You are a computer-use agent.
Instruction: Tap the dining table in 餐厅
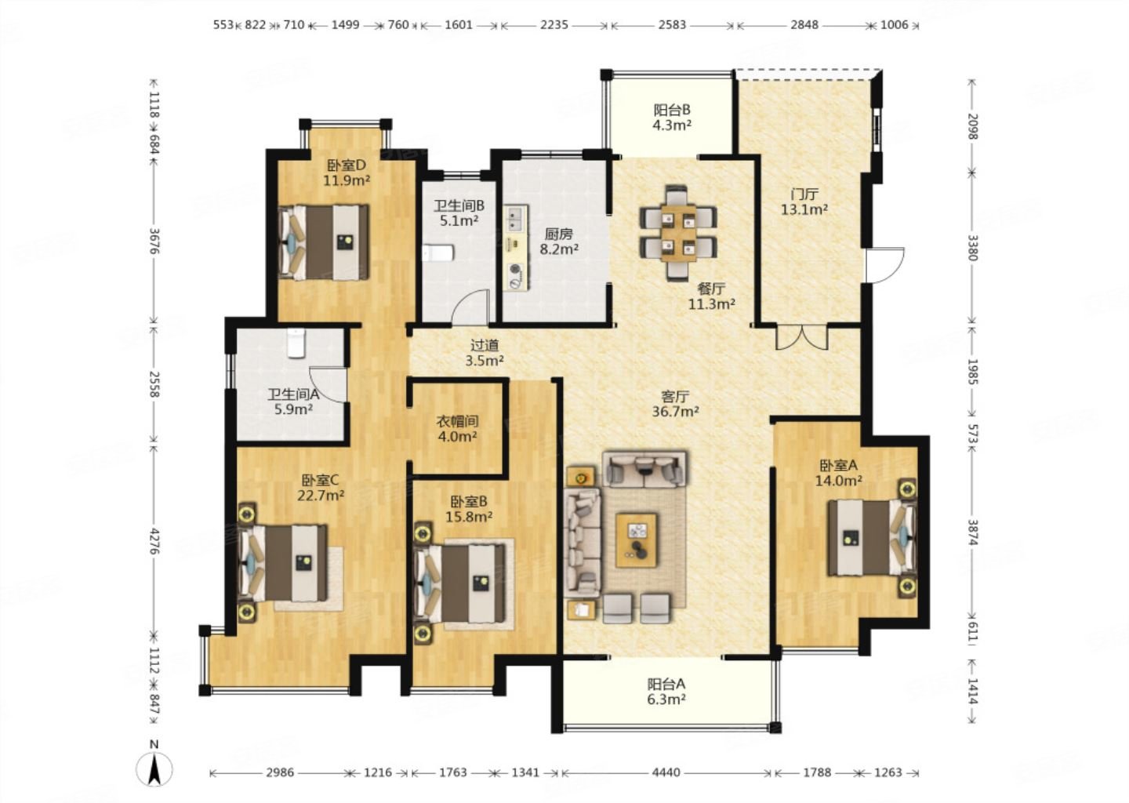[x=678, y=232]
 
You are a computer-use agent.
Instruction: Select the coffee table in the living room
[x=636, y=540]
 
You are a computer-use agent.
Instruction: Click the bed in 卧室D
[x=324, y=242]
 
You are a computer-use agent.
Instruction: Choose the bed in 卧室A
[x=872, y=537]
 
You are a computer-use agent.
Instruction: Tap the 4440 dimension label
[x=666, y=772]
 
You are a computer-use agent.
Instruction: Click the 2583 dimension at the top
[x=673, y=24]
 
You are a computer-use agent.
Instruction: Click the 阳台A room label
[x=666, y=684]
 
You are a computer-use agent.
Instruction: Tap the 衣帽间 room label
[x=457, y=421]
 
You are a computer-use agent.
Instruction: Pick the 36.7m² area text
[x=675, y=412]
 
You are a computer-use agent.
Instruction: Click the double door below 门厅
[x=801, y=337]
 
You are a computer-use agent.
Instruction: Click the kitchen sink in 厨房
[x=516, y=217]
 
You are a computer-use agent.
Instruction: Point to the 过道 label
[x=485, y=345]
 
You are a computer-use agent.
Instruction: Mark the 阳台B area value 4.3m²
[x=672, y=125]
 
